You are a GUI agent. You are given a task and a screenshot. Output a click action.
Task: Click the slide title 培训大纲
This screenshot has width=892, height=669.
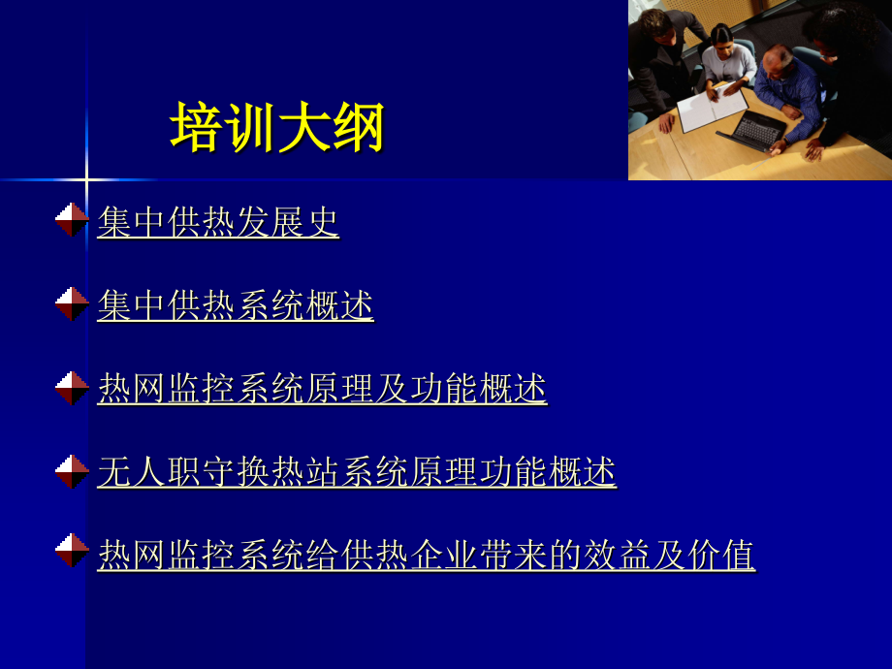pos(277,128)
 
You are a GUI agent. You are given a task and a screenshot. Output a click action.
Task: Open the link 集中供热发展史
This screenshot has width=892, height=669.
pos(218,222)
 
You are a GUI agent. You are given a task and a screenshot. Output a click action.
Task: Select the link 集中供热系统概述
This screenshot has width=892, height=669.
pos(236,305)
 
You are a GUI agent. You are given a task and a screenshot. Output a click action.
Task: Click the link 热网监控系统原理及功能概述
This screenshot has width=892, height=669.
pos(322,389)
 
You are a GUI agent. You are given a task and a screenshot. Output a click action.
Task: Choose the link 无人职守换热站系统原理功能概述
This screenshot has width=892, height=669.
pos(357,472)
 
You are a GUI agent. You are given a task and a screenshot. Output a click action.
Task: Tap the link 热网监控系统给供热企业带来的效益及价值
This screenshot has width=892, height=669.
pos(426,556)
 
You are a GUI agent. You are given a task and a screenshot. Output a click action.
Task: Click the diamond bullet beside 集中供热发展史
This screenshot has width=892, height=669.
pos(72,220)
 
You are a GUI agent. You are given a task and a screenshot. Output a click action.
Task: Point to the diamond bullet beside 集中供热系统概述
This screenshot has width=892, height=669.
pos(72,303)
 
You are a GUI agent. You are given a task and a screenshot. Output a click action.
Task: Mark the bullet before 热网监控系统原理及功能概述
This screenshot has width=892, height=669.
pos(72,388)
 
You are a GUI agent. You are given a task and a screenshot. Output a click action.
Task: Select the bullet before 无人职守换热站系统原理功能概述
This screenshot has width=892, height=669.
pos(72,471)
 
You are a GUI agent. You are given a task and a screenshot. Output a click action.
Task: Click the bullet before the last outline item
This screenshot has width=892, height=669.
pos(72,551)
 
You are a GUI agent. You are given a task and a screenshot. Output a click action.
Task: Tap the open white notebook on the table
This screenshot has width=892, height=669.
pos(711,110)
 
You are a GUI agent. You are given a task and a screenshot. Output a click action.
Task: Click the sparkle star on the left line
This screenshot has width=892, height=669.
pos(85,179)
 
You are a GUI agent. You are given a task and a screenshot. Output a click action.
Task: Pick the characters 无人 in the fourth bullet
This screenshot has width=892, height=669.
pos(132,472)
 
